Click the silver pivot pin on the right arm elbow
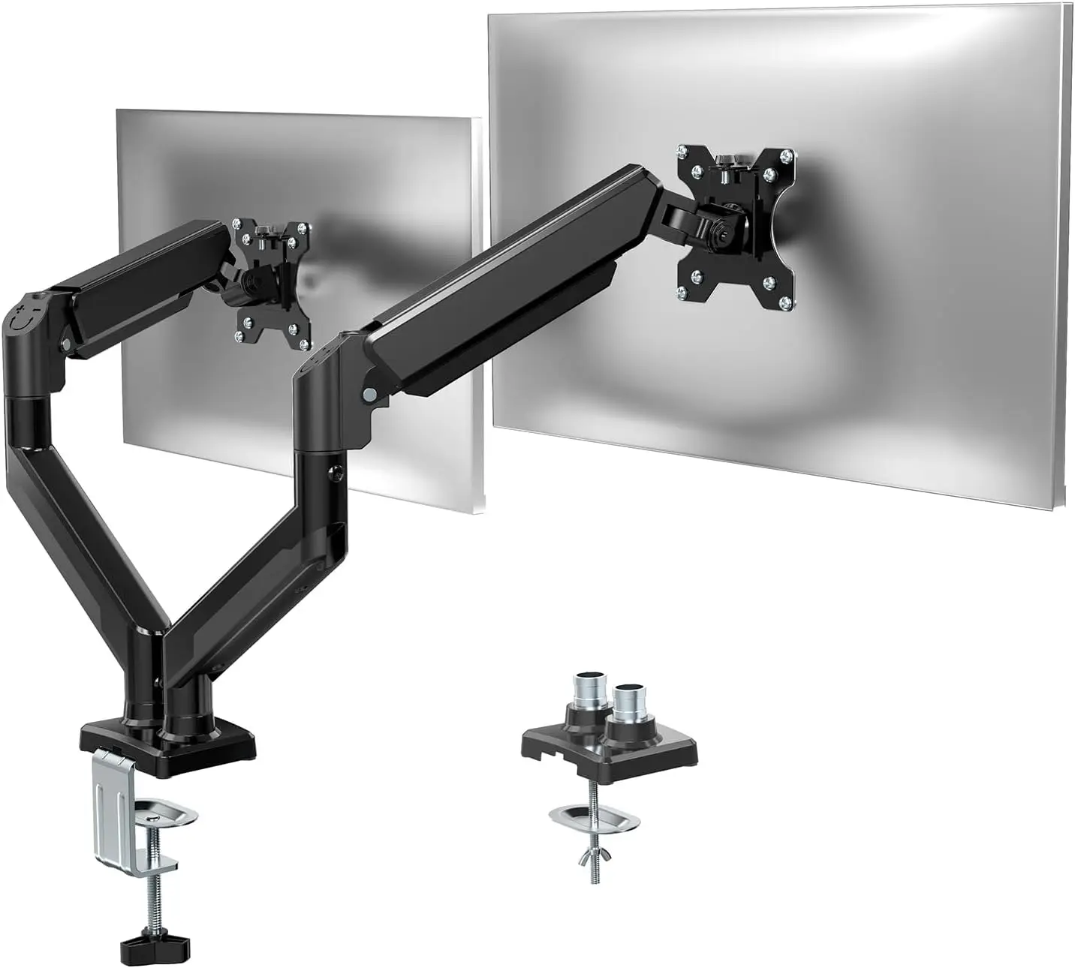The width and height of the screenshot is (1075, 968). [x=369, y=393]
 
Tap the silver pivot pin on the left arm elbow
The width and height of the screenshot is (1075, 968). [x=68, y=344]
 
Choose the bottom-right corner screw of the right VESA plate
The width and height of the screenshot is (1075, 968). [x=785, y=302]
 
